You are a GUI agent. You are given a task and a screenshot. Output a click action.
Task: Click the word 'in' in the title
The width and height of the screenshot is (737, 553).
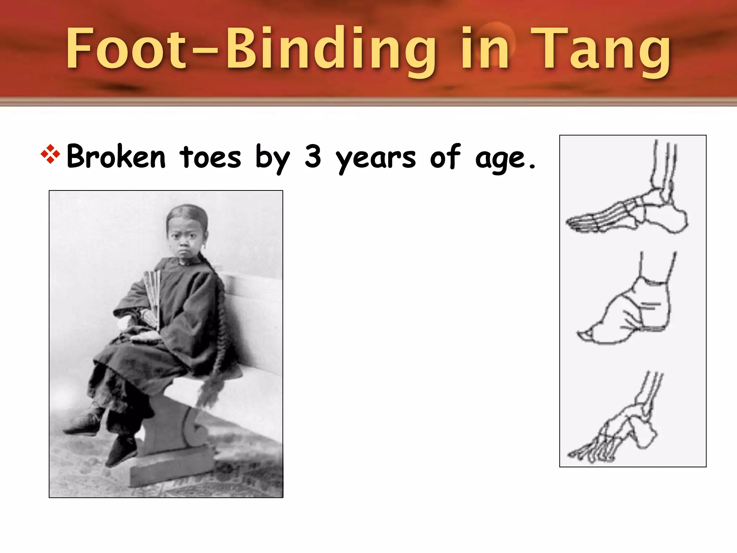(485, 49)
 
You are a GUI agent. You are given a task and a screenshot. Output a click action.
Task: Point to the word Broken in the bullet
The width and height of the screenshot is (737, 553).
(116, 157)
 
